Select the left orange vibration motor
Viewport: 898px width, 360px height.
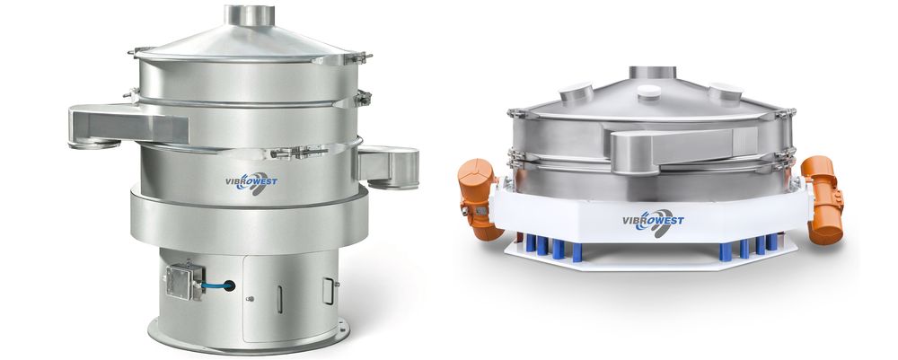(478, 198)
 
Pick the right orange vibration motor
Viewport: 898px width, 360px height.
(823, 199)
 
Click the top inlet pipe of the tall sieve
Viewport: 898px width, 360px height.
(249, 15)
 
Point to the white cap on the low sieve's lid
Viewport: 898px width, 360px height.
(649, 91)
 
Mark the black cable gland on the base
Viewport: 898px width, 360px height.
(229, 285)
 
